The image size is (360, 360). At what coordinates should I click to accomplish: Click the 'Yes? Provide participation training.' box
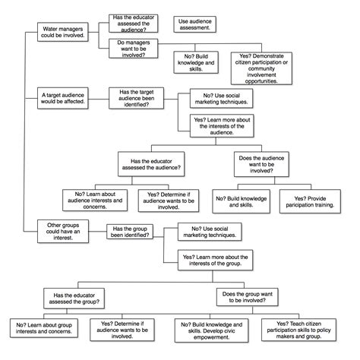coord(307,200)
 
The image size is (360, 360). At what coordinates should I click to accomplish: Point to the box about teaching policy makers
coord(306,328)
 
